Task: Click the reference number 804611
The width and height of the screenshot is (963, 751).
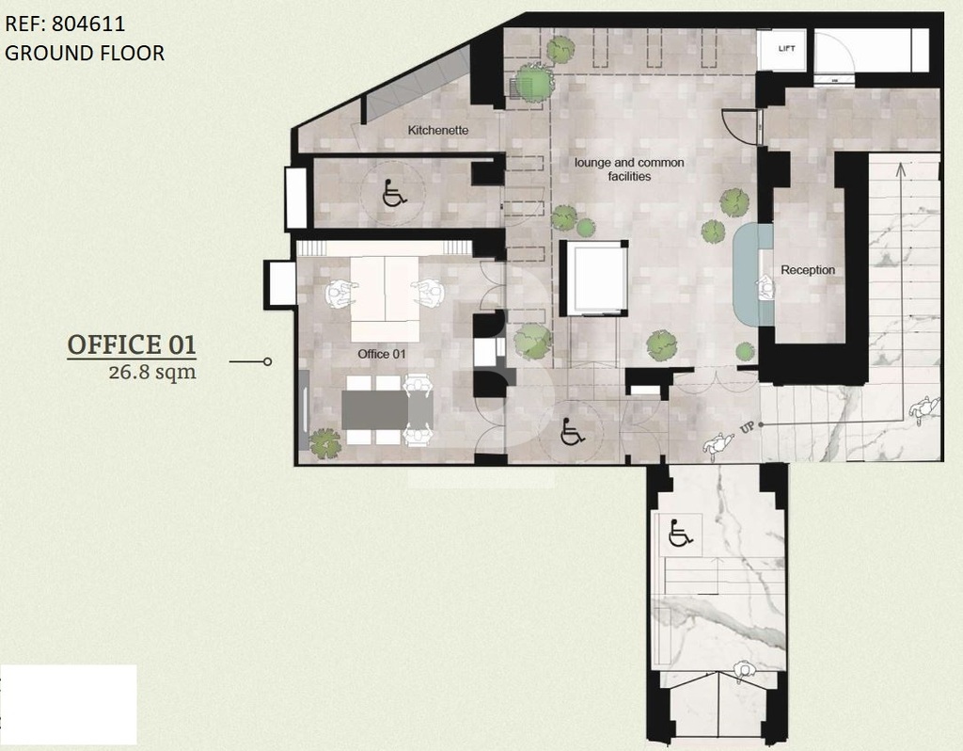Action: point(88,24)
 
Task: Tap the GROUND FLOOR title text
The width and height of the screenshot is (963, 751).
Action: point(85,53)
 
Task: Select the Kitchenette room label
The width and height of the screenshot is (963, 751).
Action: point(438,130)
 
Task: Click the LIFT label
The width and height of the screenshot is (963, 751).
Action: point(787,49)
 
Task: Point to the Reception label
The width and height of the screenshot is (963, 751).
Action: point(808,270)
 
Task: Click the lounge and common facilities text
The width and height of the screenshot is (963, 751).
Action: point(629,169)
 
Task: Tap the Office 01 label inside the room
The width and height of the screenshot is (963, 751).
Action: point(382,354)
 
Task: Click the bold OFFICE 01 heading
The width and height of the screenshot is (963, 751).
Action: point(132,344)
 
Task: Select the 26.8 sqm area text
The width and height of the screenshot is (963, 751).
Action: point(152,373)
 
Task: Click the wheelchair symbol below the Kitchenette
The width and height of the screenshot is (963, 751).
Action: point(394,193)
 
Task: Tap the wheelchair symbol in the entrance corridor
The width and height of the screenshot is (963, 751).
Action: point(680,533)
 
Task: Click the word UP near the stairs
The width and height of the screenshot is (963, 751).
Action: point(747,427)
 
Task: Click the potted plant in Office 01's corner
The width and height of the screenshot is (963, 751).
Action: point(324,443)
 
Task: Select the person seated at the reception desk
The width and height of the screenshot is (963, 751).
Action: point(765,288)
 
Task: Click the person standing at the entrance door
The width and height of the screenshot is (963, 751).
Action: point(745,672)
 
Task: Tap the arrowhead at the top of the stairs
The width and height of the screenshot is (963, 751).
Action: point(900,168)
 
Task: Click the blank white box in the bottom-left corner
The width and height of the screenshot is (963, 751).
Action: point(68,704)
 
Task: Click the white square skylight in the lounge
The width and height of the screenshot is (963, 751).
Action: point(595,278)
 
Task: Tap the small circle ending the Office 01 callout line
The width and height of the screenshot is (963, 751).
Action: point(267,361)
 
